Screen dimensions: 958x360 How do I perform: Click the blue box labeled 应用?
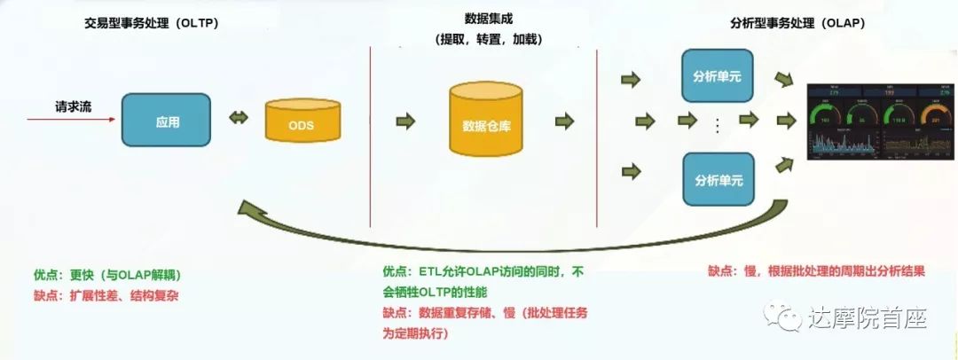point(166,121)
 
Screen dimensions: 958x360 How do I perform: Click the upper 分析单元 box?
point(717,76)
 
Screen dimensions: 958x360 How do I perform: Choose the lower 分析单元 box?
point(717,179)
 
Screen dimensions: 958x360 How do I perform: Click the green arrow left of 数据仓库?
point(405,121)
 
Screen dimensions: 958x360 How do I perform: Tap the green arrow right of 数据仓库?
point(565,121)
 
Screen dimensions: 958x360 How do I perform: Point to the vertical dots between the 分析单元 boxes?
point(717,127)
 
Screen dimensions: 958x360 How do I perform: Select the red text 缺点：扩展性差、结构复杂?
point(104,294)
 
